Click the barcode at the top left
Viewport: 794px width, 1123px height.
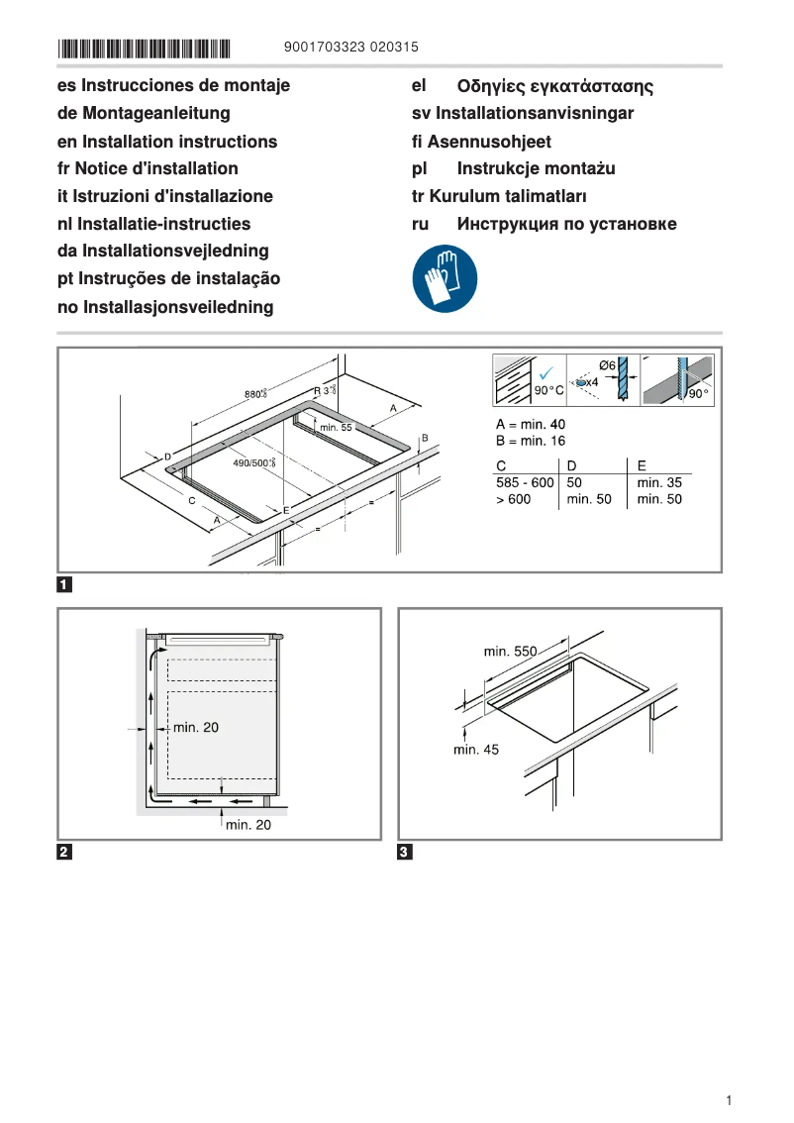[144, 48]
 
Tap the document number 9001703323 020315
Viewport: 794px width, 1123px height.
[350, 48]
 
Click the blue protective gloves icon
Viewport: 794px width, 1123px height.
[445, 279]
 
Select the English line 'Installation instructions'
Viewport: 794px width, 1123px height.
[167, 142]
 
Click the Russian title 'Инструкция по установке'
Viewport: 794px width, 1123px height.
[566, 224]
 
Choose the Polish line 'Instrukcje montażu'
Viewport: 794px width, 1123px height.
[536, 169]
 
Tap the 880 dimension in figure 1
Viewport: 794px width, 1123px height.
[255, 394]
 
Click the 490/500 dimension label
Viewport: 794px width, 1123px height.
[253, 462]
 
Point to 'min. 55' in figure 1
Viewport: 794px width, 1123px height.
[335, 428]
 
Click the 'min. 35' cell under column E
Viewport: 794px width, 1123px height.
[659, 482]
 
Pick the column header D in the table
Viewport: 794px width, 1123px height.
[571, 465]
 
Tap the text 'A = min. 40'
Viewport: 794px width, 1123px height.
[531, 424]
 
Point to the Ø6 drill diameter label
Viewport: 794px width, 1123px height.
[608, 365]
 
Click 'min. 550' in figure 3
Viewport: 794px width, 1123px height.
[510, 652]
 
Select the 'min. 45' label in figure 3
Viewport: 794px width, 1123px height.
[476, 750]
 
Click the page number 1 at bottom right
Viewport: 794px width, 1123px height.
[729, 1100]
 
